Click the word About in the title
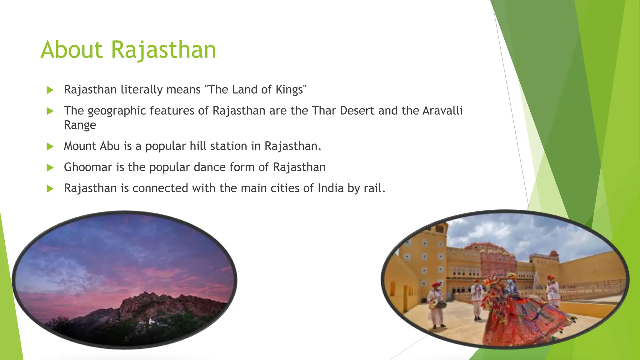72,50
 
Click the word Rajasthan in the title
163,50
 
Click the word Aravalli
442,111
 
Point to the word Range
80,125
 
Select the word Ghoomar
88,167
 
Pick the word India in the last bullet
331,188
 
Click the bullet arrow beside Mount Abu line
50,146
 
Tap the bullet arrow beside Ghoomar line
50,167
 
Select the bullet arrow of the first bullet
50,90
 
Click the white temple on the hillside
152,321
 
